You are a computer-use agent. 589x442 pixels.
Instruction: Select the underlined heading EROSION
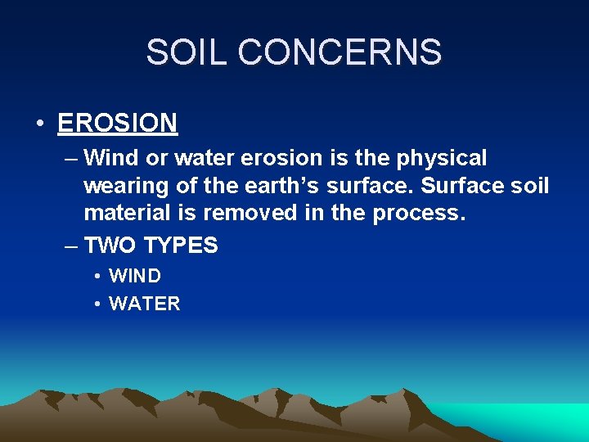pos(118,124)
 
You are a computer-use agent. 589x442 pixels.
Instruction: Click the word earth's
pos(284,186)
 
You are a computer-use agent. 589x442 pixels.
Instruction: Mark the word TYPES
pos(181,246)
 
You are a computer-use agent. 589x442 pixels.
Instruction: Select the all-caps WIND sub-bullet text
pos(135,277)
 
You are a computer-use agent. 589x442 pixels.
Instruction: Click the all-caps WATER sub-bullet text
pos(144,304)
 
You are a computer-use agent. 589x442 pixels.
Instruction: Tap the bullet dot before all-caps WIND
pos(97,277)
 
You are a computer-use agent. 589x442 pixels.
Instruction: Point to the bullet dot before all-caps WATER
pos(97,304)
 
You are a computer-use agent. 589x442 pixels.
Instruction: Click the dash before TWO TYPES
pos(70,246)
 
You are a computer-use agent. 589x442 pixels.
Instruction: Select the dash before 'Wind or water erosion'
pos(70,157)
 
